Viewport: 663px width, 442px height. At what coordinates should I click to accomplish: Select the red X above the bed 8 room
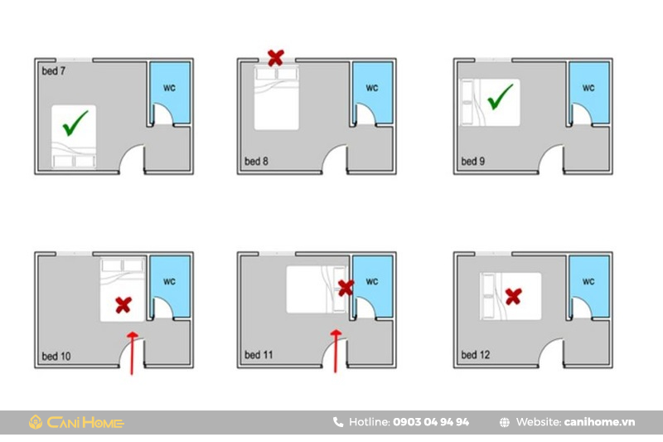pos(276,57)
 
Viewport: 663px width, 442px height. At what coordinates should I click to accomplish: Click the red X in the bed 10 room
pos(123,305)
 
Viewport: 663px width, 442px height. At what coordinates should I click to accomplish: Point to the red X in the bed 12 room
pos(513,297)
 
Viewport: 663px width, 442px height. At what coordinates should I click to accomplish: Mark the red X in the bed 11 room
pos(346,288)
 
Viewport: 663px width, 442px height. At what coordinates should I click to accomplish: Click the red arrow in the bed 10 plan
pos(132,353)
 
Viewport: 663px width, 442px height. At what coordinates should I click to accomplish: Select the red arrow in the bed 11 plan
pos(336,352)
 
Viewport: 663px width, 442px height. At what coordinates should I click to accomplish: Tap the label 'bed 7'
pos(54,71)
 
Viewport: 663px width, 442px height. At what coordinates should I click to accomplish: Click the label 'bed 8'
pos(256,161)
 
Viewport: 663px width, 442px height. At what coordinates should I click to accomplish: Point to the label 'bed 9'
pos(472,161)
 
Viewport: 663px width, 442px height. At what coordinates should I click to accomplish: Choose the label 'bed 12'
pos(475,355)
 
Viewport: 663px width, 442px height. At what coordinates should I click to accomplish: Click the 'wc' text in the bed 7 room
pos(169,88)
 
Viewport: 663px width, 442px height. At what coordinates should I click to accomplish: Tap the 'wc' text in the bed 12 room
pos(588,281)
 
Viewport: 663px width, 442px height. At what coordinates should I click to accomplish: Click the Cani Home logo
pos(76,422)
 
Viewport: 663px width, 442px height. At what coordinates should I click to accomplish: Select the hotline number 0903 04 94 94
pos(431,422)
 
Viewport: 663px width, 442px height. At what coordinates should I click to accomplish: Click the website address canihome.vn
pos(599,422)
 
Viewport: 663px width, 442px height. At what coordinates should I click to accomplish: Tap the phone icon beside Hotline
pos(338,422)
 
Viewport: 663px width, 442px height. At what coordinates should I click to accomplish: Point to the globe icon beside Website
pos(505,422)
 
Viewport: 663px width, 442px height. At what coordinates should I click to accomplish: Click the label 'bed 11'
pos(259,355)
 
